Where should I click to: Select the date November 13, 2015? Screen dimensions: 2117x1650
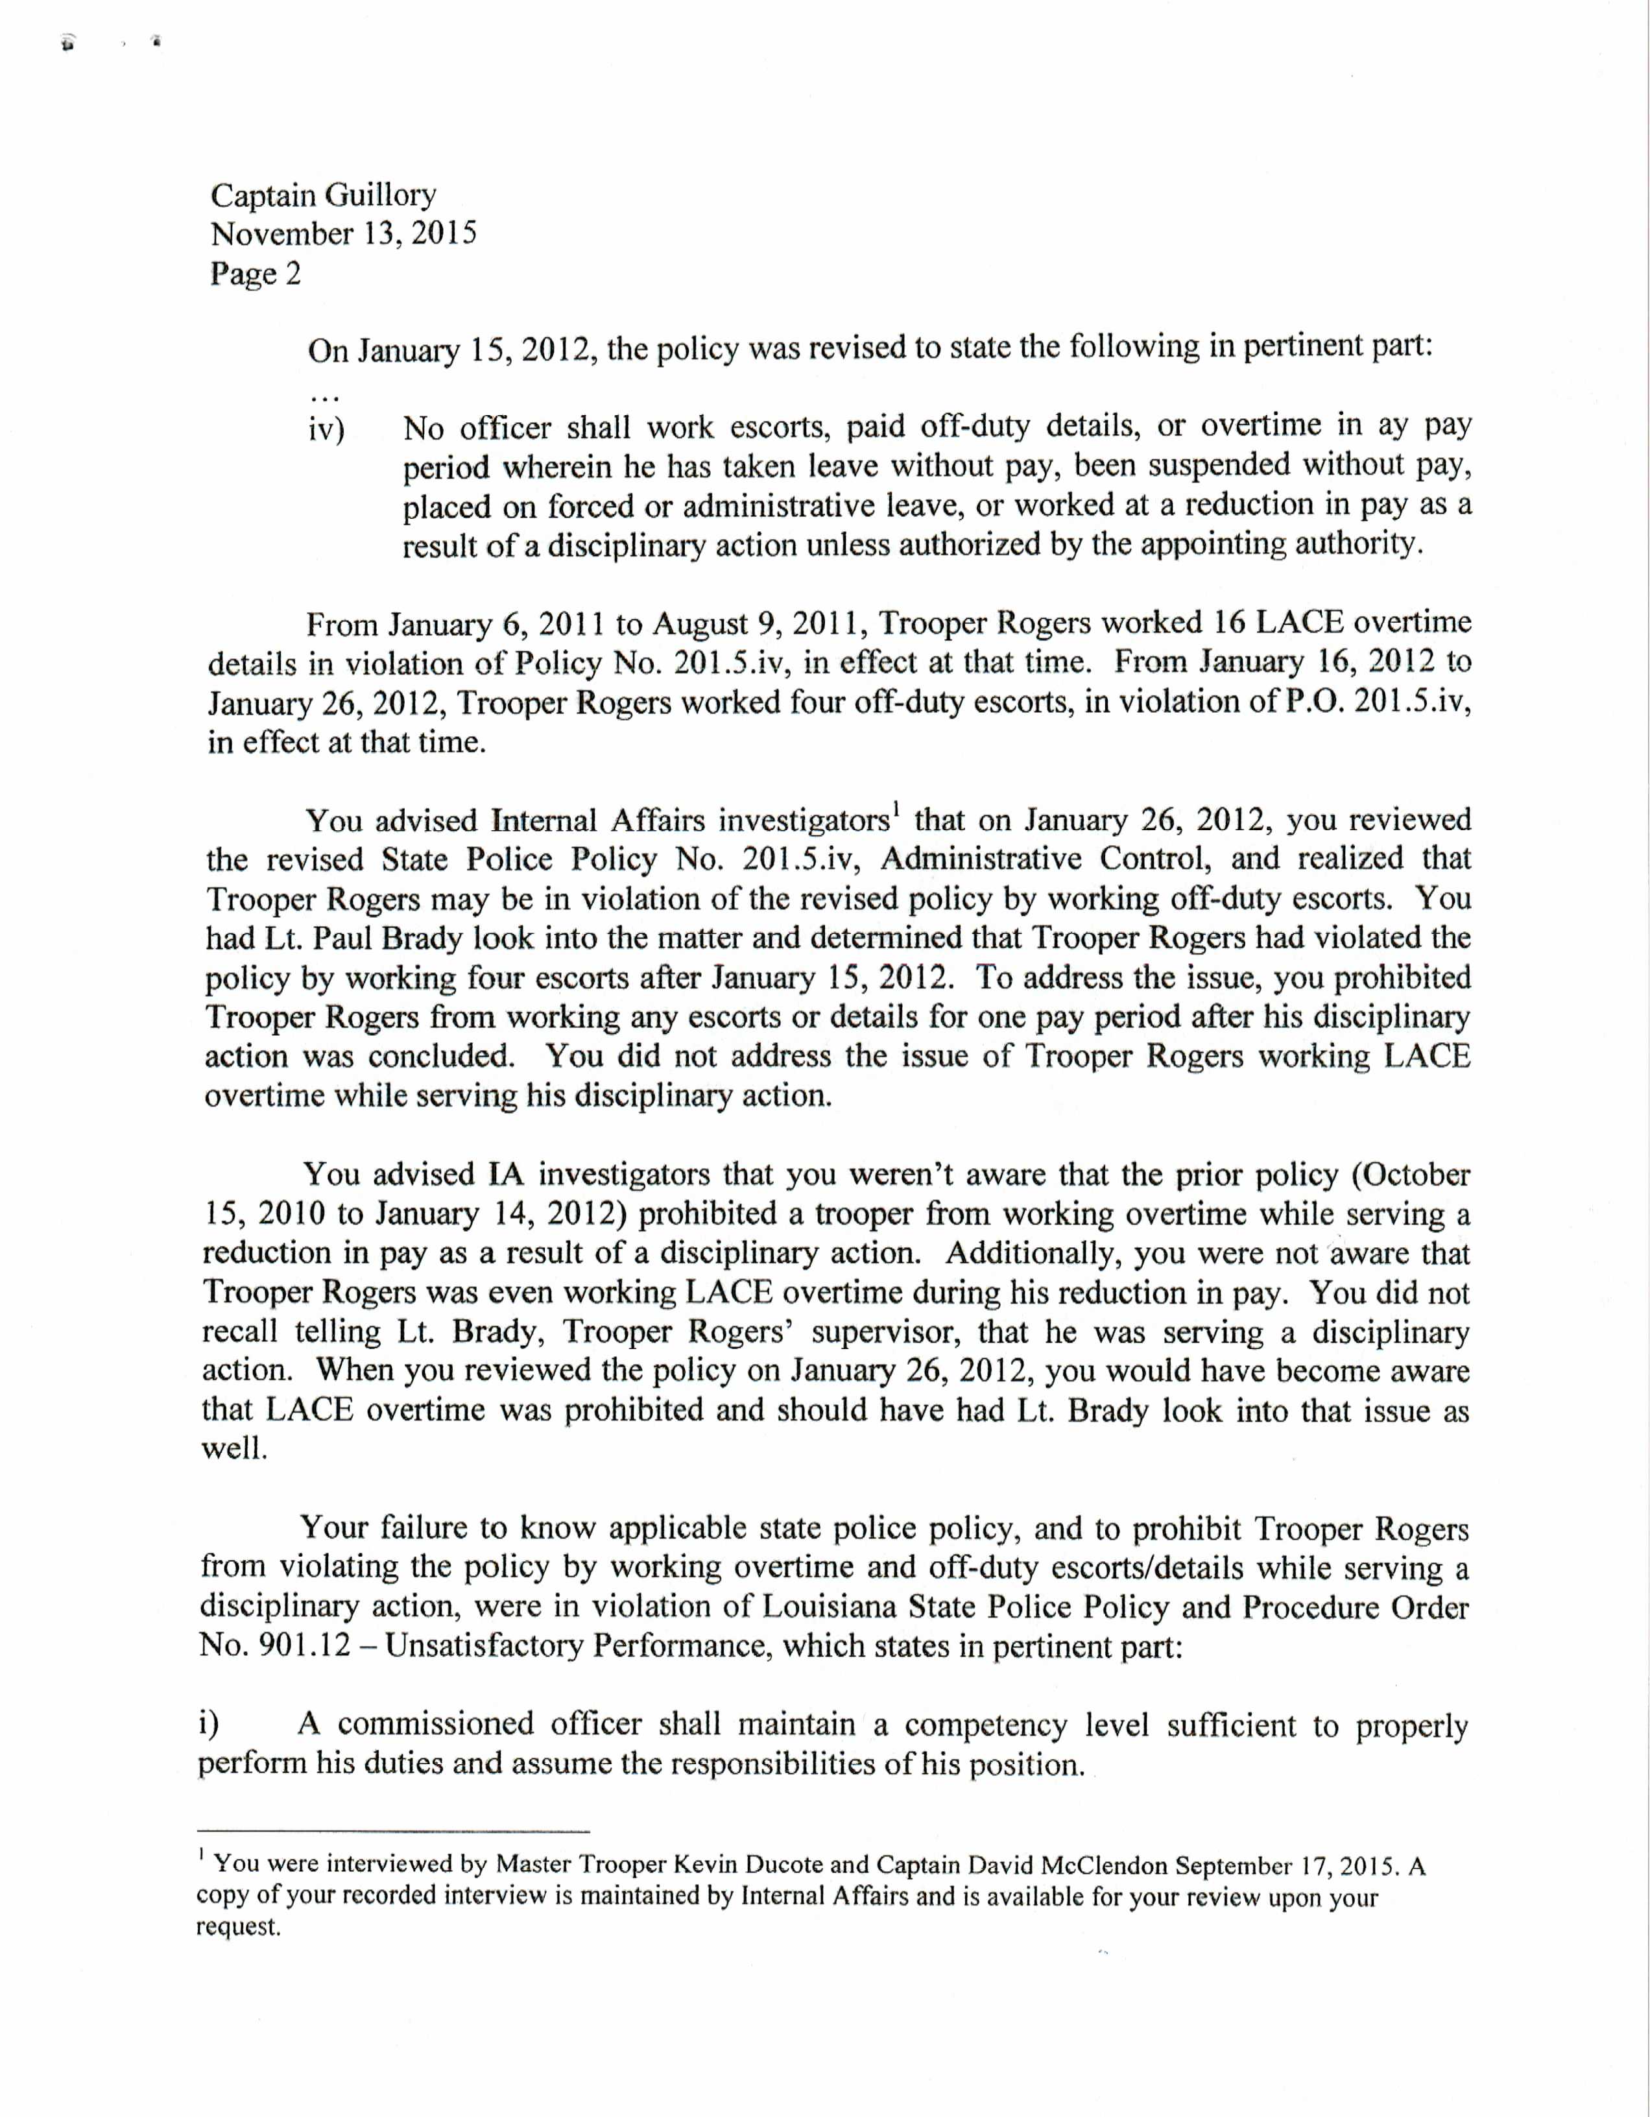pyautogui.click(x=343, y=235)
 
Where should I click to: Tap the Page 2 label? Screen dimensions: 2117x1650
pyautogui.click(x=255, y=274)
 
